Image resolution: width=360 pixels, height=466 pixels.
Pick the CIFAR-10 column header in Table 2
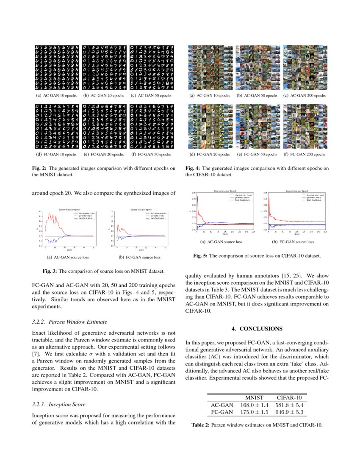[289, 398]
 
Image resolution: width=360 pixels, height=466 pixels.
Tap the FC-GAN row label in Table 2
[222, 412]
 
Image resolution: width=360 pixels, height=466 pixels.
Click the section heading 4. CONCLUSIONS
[257, 329]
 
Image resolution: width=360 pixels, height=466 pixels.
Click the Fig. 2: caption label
[41, 168]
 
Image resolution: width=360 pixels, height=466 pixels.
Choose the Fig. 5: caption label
[201, 256]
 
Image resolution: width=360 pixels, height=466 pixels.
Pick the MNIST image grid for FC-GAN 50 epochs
[152, 125]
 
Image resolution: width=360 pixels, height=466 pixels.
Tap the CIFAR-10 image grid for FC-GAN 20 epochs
[209, 125]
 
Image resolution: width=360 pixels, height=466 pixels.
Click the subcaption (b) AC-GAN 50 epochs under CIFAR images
[257, 96]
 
